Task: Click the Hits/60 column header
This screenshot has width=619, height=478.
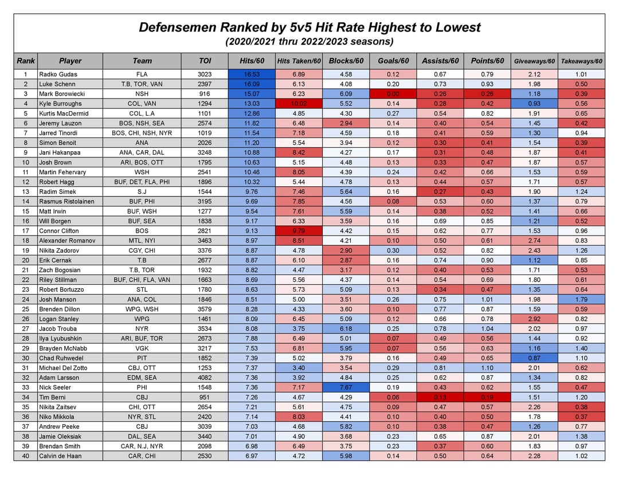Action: coord(252,61)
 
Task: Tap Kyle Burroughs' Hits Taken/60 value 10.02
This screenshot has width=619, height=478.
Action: coord(299,104)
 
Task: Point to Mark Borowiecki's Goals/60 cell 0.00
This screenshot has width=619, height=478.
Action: coord(393,93)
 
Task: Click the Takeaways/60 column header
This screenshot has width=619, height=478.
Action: coord(581,61)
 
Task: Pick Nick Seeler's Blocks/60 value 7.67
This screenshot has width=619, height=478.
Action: coord(346,387)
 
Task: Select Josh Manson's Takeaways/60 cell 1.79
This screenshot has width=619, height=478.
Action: coord(581,299)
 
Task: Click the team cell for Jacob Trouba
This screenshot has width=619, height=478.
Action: coord(142,328)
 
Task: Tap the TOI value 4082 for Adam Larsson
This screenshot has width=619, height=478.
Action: coord(205,378)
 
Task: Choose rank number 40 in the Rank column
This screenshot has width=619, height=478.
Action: coord(26,456)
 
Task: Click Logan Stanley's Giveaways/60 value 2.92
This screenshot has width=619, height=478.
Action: coord(534,319)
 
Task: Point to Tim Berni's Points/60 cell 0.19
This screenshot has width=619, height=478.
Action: coord(487,397)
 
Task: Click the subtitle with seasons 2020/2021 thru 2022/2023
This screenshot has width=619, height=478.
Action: coord(309,41)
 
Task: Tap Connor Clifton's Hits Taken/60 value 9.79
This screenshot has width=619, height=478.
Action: coord(299,231)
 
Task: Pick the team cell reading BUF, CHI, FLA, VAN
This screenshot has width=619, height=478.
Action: coord(142,280)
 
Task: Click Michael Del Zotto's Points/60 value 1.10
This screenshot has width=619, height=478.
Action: coord(487,368)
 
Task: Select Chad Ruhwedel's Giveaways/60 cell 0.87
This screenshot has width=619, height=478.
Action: coord(534,358)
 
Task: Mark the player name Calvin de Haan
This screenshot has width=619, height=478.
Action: coord(60,456)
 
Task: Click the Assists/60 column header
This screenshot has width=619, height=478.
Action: coord(440,61)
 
